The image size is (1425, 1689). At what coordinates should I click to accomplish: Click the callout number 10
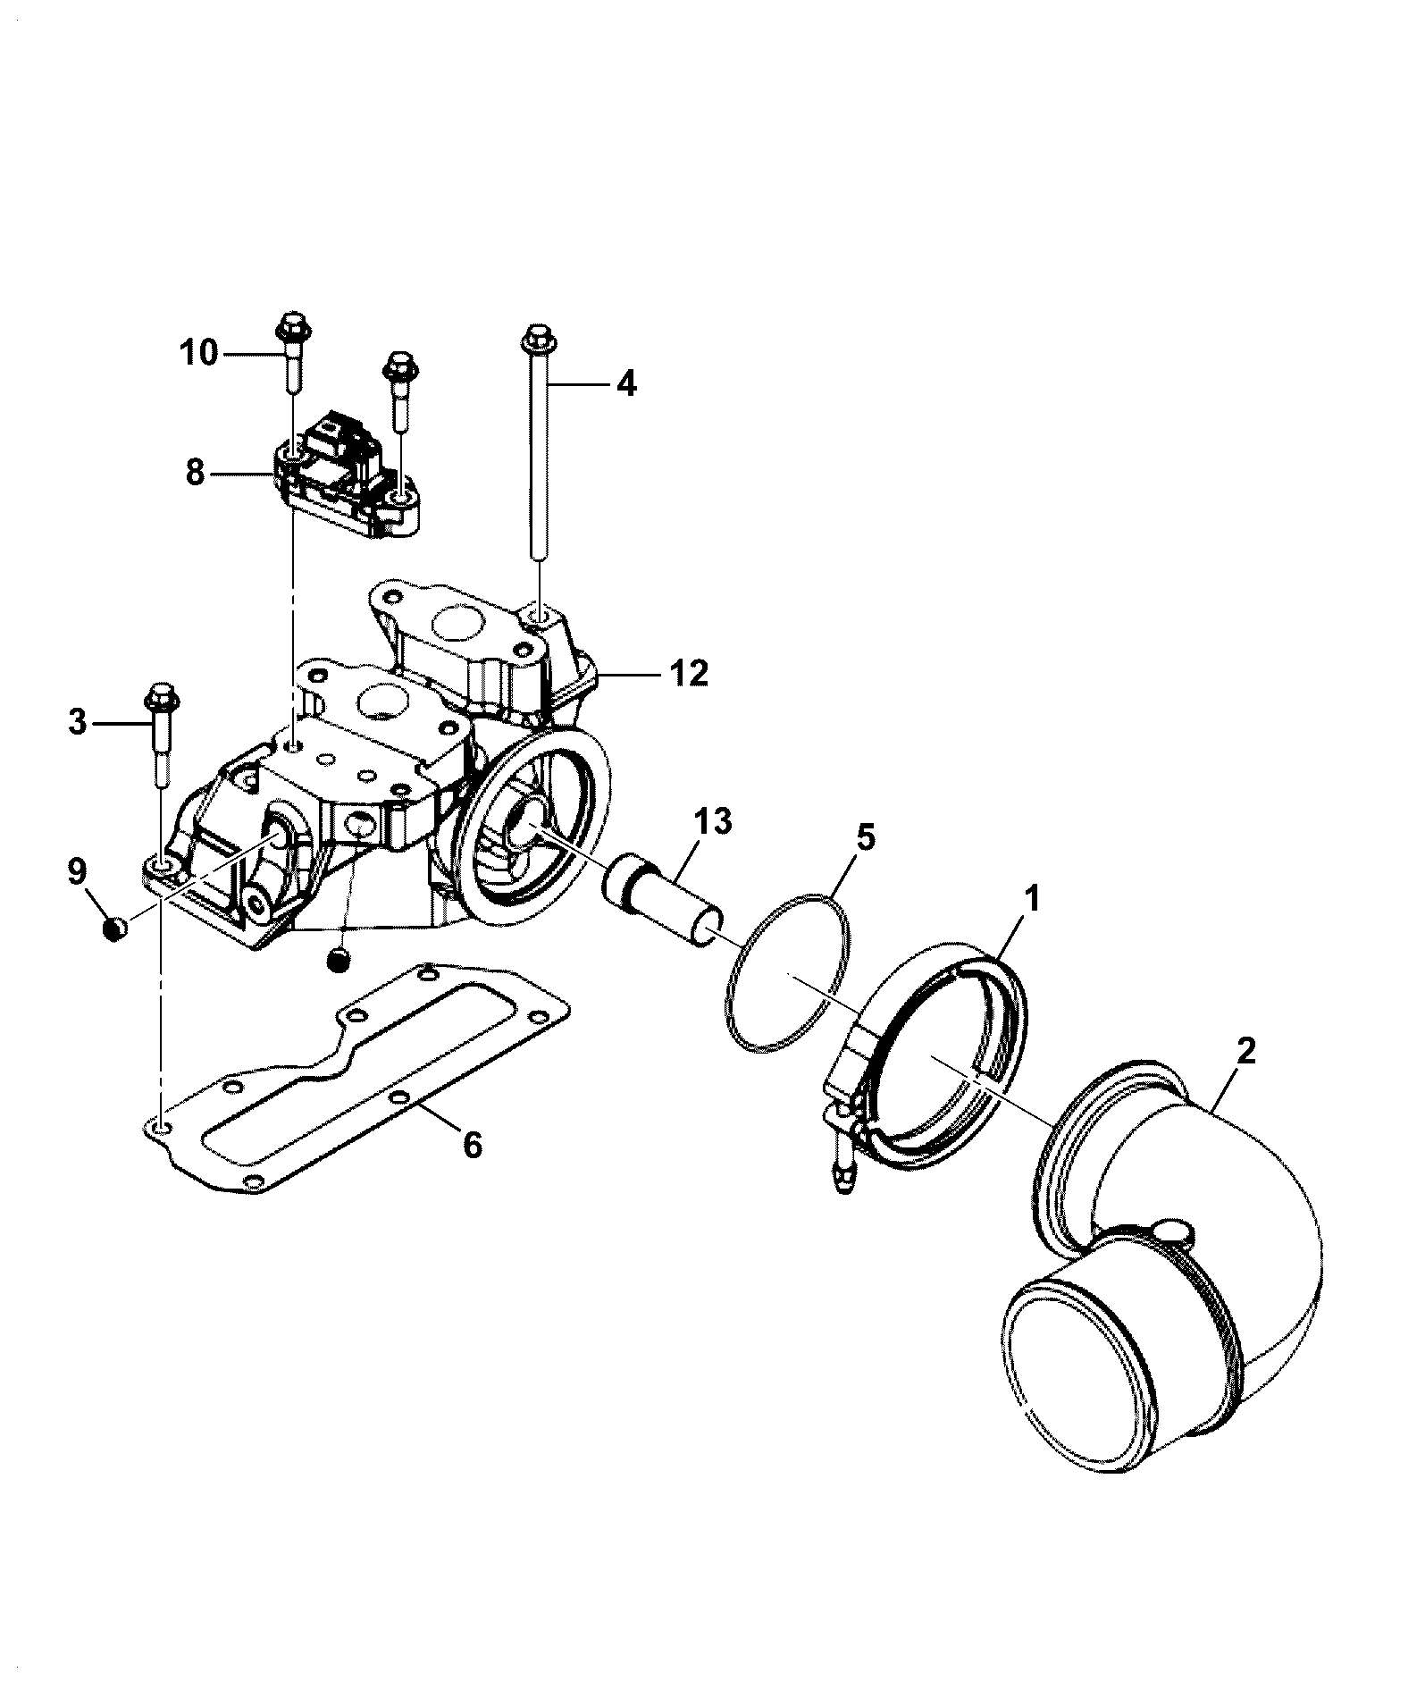[x=198, y=354]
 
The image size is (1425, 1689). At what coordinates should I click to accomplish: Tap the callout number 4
[x=625, y=384]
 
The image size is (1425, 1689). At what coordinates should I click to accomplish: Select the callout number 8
[x=195, y=472]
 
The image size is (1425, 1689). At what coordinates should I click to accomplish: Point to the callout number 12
[x=688, y=673]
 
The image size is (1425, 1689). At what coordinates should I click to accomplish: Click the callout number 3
[x=78, y=721]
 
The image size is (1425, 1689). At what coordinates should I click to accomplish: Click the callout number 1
[x=1032, y=899]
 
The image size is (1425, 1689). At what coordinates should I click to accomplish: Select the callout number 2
[x=1245, y=1051]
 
